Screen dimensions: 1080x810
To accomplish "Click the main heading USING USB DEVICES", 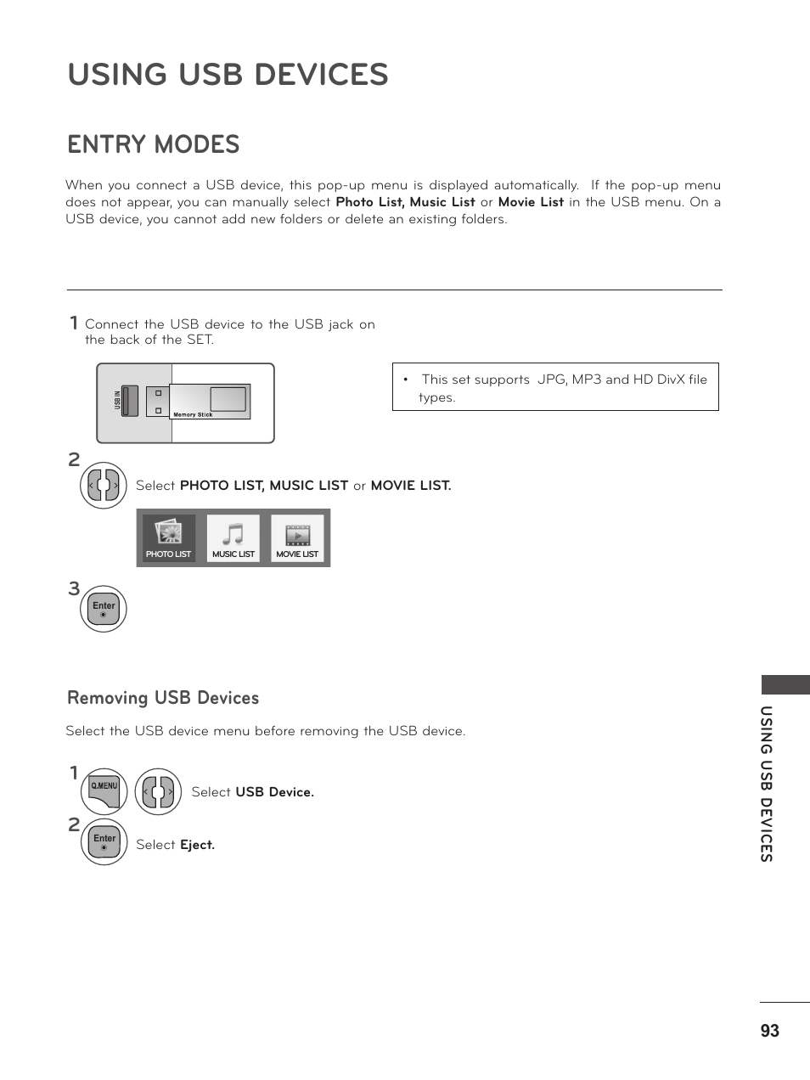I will (228, 75).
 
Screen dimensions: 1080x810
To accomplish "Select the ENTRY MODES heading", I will (154, 144).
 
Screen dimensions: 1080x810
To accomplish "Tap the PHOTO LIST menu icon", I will (169, 538).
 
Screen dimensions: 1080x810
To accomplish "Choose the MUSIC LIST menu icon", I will (233, 538).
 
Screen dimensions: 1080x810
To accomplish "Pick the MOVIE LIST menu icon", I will (297, 538).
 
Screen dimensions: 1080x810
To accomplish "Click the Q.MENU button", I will (104, 791).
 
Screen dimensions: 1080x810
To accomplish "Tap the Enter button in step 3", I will (104, 609).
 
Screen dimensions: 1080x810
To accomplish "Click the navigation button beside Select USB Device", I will (158, 792).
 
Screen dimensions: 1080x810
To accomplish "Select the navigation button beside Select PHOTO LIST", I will (104, 486).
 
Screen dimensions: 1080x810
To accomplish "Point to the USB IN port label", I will (118, 401).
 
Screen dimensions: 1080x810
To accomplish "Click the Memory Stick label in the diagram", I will (193, 415).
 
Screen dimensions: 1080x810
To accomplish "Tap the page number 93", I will (769, 1031).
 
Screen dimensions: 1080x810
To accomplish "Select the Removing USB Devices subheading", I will (163, 698).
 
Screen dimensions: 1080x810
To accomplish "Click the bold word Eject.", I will (197, 845).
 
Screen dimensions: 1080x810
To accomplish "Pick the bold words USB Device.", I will (274, 792).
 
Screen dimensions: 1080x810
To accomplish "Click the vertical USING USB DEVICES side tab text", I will (766, 784).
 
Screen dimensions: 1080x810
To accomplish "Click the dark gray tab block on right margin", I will (785, 685).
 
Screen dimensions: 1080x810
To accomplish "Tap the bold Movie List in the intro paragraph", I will (531, 202).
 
